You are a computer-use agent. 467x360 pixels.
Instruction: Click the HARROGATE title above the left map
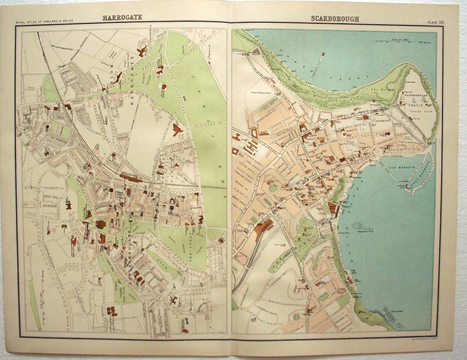[122, 17]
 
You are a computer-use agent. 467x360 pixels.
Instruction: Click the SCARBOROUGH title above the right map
[335, 19]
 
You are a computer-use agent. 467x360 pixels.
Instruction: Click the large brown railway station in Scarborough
[263, 229]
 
